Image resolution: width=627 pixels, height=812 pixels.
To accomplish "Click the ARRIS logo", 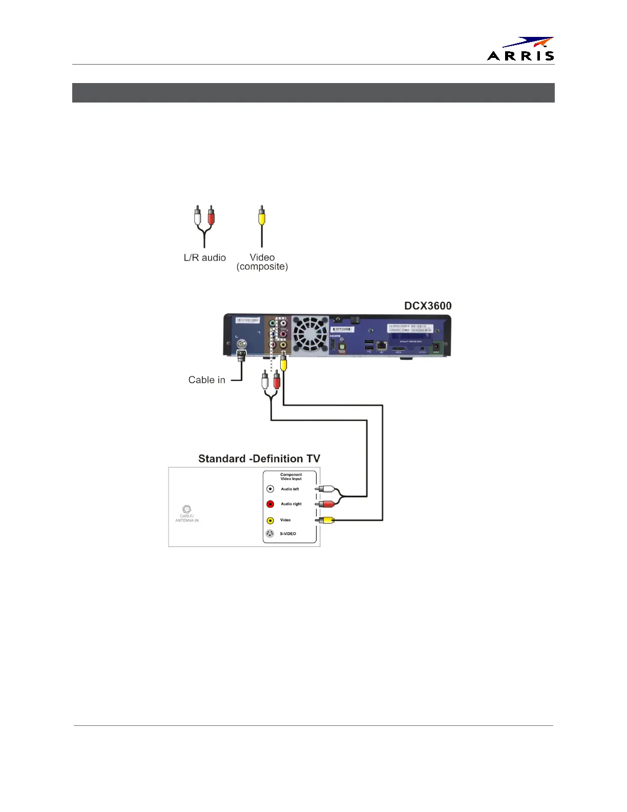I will pos(520,49).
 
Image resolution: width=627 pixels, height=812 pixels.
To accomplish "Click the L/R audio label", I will pos(204,258).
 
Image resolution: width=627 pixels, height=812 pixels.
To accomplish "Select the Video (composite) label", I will pos(262,262).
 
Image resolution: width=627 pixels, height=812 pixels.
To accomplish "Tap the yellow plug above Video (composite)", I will pos(262,216).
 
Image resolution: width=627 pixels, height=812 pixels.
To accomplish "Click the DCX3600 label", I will pos(428,306).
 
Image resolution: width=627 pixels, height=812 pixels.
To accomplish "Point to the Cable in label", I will pos(206,380).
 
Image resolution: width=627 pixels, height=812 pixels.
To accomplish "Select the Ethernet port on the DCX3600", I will pos(381,346).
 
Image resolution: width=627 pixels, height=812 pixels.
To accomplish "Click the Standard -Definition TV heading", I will pos(259,459).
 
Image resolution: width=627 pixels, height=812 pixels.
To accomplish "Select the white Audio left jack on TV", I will pos(270,489).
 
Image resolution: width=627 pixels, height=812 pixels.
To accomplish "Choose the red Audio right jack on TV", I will pos(270,504).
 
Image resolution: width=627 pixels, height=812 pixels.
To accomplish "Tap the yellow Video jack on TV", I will pos(270,520).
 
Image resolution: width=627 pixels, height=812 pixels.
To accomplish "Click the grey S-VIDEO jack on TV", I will pos(270,534).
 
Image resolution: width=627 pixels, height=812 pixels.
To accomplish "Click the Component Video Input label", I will pos(291,477).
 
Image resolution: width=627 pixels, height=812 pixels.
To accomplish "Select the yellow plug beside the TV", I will pos(327,520).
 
